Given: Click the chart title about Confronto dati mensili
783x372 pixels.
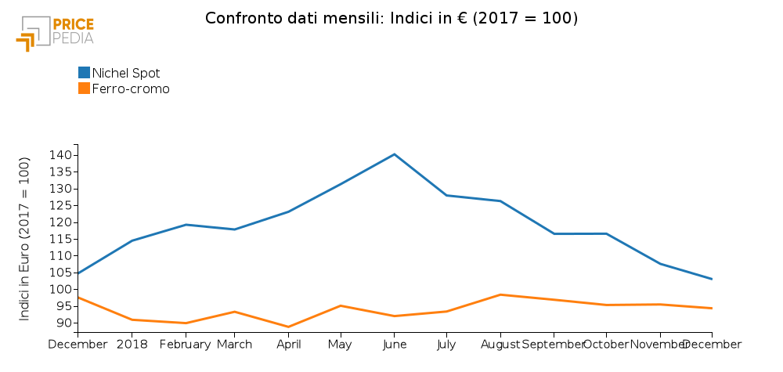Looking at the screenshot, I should point(391,17).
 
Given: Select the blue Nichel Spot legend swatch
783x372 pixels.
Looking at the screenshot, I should point(85,73).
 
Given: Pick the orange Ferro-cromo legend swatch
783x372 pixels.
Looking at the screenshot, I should point(85,88).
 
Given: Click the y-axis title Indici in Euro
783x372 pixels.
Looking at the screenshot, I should point(24,239).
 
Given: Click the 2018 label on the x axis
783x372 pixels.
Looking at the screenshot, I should point(132,344).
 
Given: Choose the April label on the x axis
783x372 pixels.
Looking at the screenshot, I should point(288,344).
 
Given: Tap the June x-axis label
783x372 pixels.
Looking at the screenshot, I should point(394,344).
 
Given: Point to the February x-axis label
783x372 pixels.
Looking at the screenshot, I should point(185,344).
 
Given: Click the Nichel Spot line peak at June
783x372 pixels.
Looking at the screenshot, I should point(394,154).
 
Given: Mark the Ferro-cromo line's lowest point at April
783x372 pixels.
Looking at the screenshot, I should point(288,327).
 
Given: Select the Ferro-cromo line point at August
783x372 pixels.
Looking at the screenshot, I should point(500,294).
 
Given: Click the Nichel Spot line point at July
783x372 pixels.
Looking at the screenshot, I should point(446,195).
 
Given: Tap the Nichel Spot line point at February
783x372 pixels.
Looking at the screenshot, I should point(185,225).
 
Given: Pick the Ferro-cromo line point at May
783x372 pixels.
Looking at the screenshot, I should point(341,305).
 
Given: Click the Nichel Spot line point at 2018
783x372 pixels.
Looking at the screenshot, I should point(132,240).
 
